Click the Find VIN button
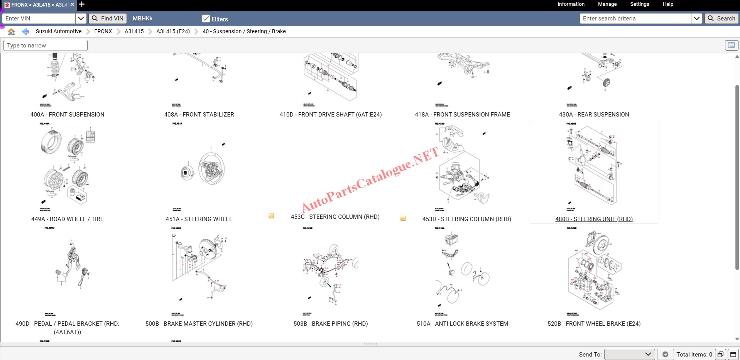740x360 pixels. click(108, 19)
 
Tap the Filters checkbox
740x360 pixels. click(206, 19)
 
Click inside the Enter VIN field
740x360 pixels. click(39, 19)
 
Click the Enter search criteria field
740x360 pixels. click(635, 19)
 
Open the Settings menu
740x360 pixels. click(639, 4)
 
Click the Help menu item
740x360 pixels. click(668, 4)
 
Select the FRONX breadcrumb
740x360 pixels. click(103, 31)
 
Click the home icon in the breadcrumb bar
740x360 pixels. click(11, 31)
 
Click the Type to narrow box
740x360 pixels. click(46, 46)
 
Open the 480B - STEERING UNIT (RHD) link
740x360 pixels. click(594, 219)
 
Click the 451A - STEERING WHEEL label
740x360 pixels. click(199, 219)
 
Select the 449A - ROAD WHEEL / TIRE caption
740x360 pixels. click(68, 219)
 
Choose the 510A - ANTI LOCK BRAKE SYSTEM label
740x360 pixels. click(462, 324)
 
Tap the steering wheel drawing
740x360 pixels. click(211, 169)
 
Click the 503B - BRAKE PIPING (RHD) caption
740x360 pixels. click(331, 324)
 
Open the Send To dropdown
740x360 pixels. click(629, 354)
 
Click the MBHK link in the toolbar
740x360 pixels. click(142, 19)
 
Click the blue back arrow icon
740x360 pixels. click(25, 31)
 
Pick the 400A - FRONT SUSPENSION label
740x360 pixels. click(68, 115)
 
